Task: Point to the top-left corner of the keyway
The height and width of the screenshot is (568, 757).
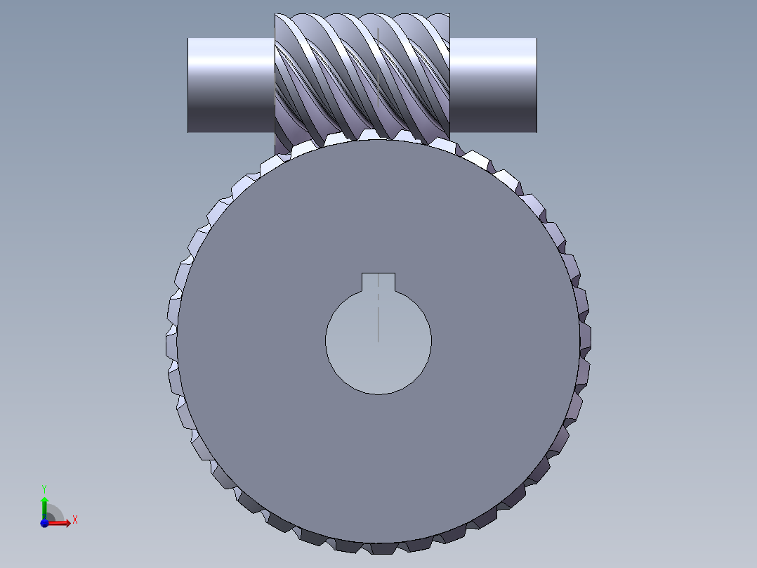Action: pos(362,273)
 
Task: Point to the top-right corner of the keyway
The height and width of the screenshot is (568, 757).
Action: pos(395,273)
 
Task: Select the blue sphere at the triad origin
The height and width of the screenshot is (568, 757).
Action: pos(44,522)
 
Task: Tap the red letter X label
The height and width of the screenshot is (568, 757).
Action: pos(74,520)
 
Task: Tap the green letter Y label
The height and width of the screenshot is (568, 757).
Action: pos(44,488)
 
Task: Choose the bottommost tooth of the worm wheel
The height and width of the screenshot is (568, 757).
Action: pos(378,547)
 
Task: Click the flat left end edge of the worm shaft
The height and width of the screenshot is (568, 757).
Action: pos(188,84)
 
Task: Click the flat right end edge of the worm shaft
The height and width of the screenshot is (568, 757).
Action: pos(537,84)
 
